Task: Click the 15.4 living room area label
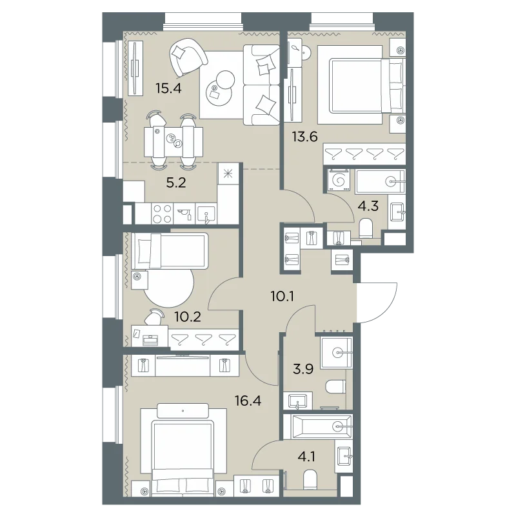click(x=168, y=88)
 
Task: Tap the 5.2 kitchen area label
click(x=176, y=183)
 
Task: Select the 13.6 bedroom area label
click(x=305, y=136)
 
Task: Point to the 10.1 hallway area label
click(x=283, y=296)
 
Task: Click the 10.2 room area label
click(x=188, y=317)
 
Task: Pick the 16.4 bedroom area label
click(x=248, y=401)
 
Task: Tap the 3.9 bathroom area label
click(x=303, y=369)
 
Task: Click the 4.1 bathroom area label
click(x=306, y=457)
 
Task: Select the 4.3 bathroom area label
click(x=368, y=206)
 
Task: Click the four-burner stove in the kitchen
click(x=163, y=213)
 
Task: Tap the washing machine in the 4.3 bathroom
click(x=339, y=181)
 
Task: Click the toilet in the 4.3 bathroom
click(x=366, y=228)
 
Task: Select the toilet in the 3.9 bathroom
click(x=335, y=387)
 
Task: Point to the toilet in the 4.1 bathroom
click(x=310, y=479)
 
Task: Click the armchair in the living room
click(x=188, y=57)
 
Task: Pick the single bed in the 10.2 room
click(x=170, y=251)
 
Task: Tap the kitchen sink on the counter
click(x=206, y=214)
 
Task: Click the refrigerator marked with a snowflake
click(x=228, y=174)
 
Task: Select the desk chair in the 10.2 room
click(x=154, y=317)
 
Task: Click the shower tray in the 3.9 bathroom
click(x=336, y=352)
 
